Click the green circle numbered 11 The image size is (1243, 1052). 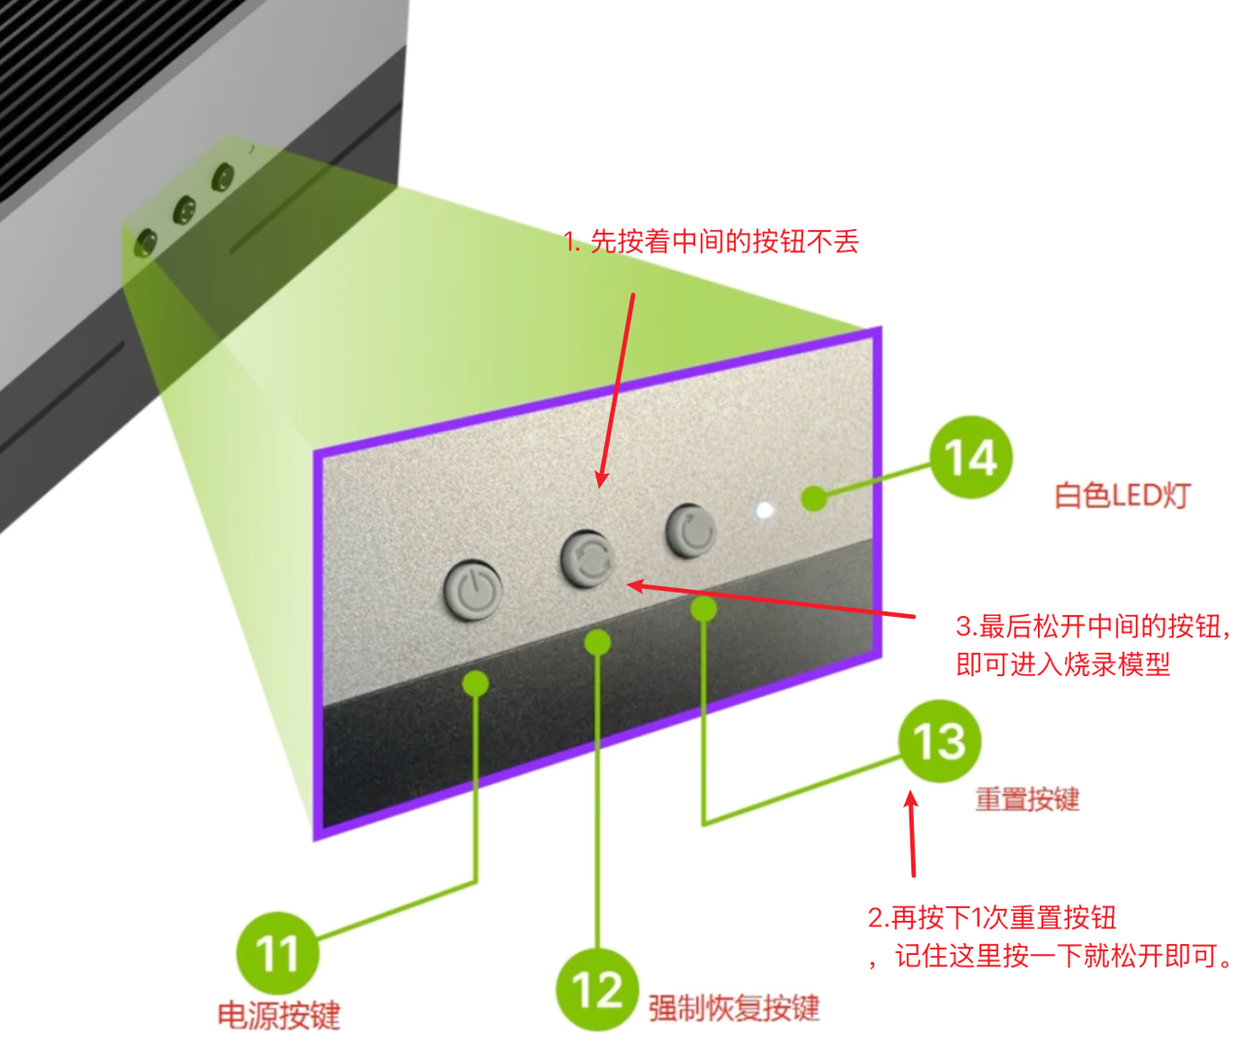[x=278, y=952]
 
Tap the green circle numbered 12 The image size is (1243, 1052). [x=596, y=989]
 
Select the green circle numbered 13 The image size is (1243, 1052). [x=939, y=741]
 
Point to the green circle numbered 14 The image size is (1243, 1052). [x=970, y=458]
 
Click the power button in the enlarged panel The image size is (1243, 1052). [x=473, y=590]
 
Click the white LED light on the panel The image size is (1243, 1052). [x=765, y=510]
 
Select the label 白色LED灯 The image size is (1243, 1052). [x=1122, y=495]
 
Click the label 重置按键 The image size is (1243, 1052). [x=1027, y=799]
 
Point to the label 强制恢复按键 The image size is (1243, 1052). [x=734, y=1007]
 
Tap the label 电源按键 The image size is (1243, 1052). [x=279, y=1016]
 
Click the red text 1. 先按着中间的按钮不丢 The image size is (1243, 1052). [x=711, y=241]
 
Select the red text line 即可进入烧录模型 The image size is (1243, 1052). [x=1062, y=664]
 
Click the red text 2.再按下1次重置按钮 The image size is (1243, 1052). [x=991, y=917]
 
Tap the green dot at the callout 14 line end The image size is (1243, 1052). [x=814, y=498]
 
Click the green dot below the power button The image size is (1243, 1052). [x=476, y=683]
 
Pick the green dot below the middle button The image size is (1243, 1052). [x=598, y=642]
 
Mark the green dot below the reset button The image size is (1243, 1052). [x=704, y=609]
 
